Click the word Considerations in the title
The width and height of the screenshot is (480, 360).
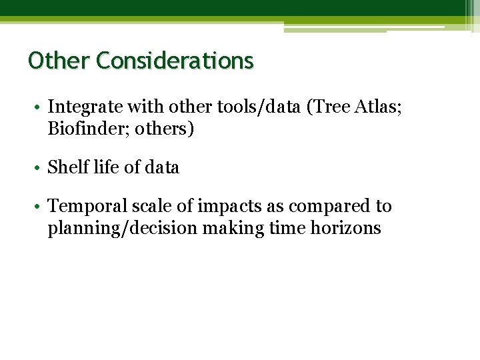point(175,61)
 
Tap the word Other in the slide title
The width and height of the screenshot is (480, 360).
point(59,61)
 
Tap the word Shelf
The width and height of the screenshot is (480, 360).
point(66,167)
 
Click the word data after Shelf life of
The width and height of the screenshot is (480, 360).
point(161,167)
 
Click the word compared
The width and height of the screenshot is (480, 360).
point(331,207)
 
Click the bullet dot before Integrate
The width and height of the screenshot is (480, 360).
point(41,107)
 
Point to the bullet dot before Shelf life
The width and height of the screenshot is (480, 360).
point(41,168)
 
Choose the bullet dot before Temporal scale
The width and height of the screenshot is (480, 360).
point(41,207)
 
